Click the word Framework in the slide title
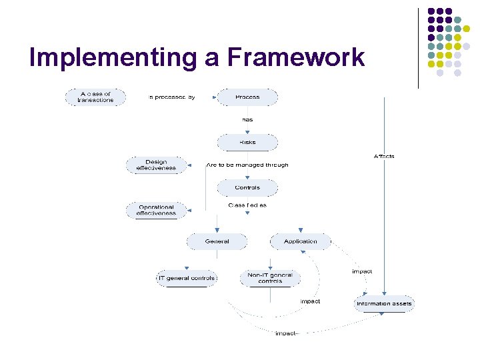coord(296,57)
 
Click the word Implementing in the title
coord(112,57)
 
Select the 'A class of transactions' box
coord(95,97)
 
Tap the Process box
coord(247,97)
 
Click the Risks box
coord(247,142)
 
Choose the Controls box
coord(247,187)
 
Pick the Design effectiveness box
coord(156,165)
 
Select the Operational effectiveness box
coord(156,211)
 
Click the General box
coord(217,241)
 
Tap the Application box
coord(300,241)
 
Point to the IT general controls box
coord(186,278)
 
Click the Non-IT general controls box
coord(270,278)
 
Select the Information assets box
coord(384,303)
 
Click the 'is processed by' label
coord(171,97)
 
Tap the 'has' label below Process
coord(247,119)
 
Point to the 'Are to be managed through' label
coord(247,165)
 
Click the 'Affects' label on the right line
coord(384,156)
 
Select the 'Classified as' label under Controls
coord(247,205)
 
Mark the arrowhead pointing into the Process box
coord(215,97)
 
